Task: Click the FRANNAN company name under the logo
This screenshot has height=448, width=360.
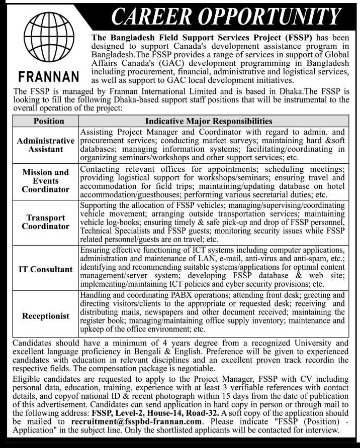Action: pyautogui.click(x=49, y=77)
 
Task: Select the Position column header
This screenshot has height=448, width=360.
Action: pyautogui.click(x=48, y=121)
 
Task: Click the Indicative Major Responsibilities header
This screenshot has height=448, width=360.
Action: pyautogui.click(x=209, y=121)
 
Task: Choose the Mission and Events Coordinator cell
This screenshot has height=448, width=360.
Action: pyautogui.click(x=46, y=181)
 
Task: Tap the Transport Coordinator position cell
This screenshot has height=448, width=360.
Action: pyautogui.click(x=46, y=222)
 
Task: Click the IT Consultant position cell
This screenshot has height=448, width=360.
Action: pyautogui.click(x=46, y=269)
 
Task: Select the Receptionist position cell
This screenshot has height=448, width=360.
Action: pyautogui.click(x=46, y=316)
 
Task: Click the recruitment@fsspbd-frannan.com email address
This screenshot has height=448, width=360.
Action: pyautogui.click(x=137, y=422)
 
